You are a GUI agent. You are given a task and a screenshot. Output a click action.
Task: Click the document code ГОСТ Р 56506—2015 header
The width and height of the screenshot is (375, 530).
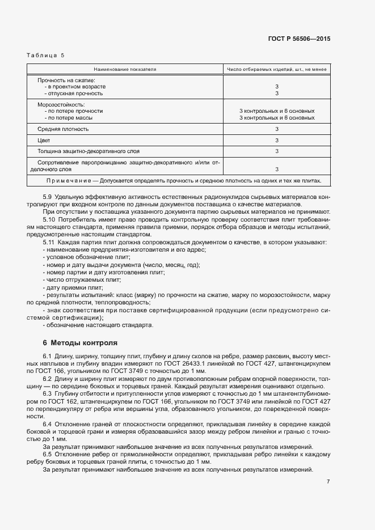(299, 39)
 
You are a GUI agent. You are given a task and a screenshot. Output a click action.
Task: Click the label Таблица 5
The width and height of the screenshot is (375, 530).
(46, 55)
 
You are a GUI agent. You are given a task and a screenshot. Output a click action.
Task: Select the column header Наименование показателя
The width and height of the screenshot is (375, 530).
(125, 69)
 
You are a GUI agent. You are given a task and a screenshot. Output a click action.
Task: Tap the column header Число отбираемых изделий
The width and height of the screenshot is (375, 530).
(276, 69)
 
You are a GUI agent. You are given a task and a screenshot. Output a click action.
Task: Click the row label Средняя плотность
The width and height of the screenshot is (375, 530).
(63, 129)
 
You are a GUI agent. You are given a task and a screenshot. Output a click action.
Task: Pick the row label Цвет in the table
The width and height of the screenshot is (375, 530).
(44, 140)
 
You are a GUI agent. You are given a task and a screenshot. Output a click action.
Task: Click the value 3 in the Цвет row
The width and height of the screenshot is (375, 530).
(276, 140)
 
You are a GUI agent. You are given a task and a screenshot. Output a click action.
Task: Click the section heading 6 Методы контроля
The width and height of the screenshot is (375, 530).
(80, 343)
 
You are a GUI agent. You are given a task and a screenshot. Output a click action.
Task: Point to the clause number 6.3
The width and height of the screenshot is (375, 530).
(48, 393)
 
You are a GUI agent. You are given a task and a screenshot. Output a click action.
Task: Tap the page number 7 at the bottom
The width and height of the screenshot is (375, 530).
(328, 481)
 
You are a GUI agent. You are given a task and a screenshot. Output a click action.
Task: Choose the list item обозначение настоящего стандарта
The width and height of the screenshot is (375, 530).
(98, 325)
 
